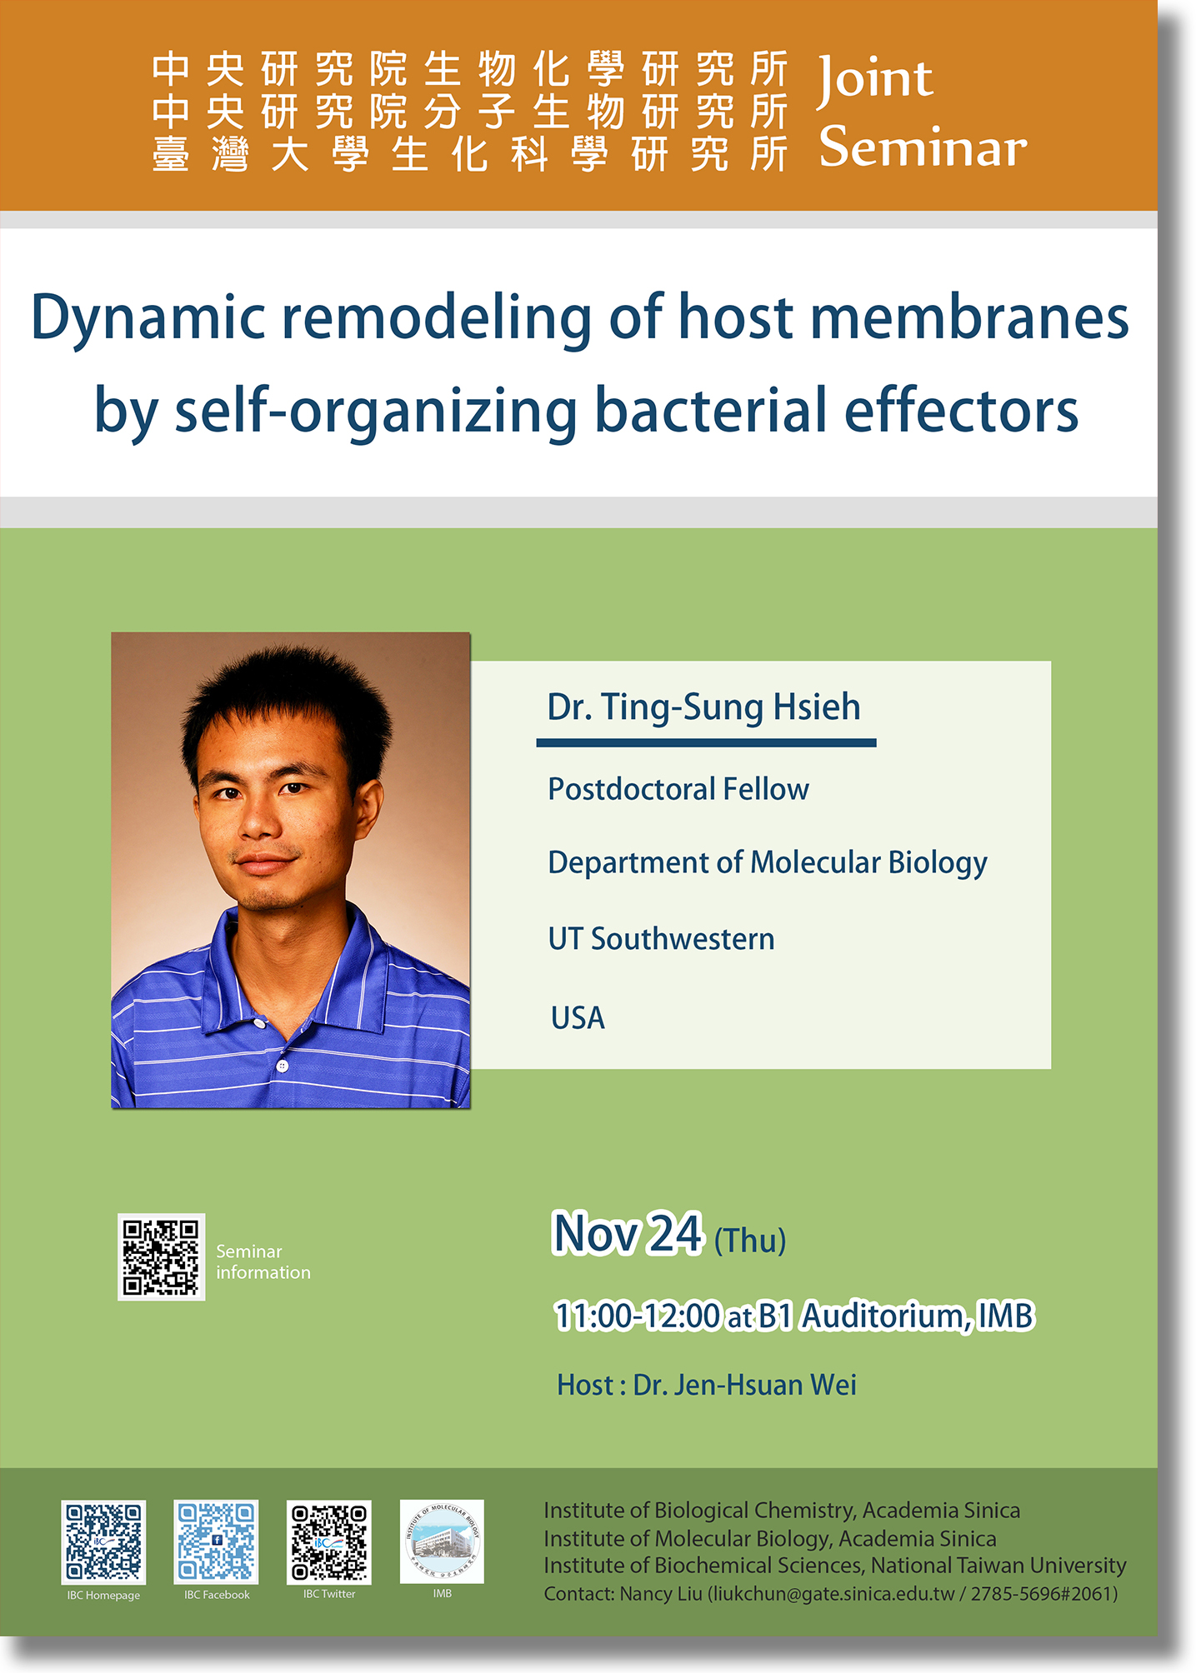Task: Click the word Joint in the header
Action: coord(875,80)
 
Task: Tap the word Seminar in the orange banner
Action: coord(923,147)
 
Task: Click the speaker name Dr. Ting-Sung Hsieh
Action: coord(703,707)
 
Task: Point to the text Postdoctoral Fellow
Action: coord(678,789)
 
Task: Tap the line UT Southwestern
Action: coord(661,939)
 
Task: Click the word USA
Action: coord(578,1017)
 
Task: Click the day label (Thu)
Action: coord(750,1241)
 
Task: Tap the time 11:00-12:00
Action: coord(638,1316)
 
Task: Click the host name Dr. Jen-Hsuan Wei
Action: coord(744,1385)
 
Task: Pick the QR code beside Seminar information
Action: coord(161,1257)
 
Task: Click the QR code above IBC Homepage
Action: coord(103,1542)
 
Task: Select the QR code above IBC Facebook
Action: coord(216,1542)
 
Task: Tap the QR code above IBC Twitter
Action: coord(328,1542)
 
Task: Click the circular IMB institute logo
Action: coord(442,1541)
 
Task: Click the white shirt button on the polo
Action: coord(283,1066)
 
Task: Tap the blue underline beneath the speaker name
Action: coord(706,742)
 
